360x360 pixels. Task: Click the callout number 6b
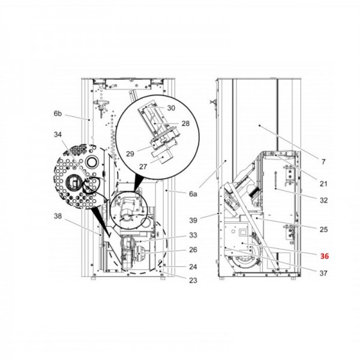point(58,113)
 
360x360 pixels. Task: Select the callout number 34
point(58,134)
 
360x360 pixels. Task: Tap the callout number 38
point(58,216)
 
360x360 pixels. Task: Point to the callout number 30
point(171,109)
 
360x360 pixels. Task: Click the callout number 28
point(185,123)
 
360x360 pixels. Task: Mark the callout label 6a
point(193,194)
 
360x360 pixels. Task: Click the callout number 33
point(193,236)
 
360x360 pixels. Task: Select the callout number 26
point(193,250)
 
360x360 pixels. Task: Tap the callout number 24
point(193,267)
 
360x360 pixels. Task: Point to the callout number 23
point(193,280)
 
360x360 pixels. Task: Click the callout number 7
point(323,162)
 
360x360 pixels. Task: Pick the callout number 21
point(323,184)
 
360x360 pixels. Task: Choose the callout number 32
point(323,201)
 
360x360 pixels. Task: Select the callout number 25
point(323,230)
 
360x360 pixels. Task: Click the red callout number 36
point(325,256)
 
